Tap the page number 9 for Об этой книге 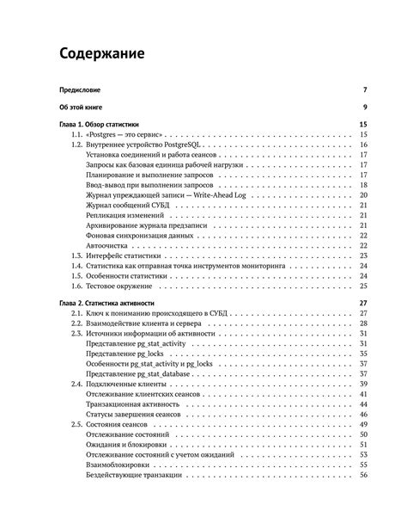365,108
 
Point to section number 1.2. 76,145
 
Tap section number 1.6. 76,286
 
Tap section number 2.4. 76,385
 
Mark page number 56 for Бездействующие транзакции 363,476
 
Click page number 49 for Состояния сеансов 363,425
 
